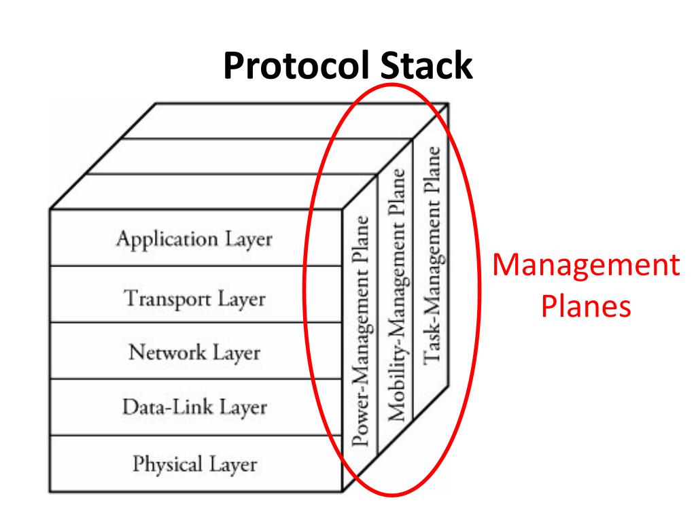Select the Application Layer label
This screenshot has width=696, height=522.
pyautogui.click(x=194, y=239)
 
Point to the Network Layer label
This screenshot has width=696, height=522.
pyautogui.click(x=194, y=353)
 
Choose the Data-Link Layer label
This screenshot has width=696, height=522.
pyautogui.click(x=194, y=408)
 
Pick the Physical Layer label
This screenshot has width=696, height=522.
pyautogui.click(x=194, y=465)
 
